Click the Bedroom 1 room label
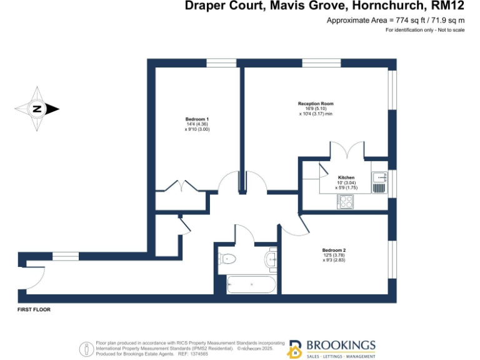pos(197,119)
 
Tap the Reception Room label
pos(316,103)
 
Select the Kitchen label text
pos(346,177)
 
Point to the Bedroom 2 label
pos(334,251)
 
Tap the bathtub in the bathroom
pos(251,284)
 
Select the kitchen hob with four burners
pos(346,201)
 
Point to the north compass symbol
pos(37,109)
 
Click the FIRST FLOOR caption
pos(34,309)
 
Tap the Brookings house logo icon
pos(294,349)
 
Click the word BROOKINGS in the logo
pos(341,345)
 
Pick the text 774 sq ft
pos(400,21)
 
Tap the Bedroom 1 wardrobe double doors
pos(181,186)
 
